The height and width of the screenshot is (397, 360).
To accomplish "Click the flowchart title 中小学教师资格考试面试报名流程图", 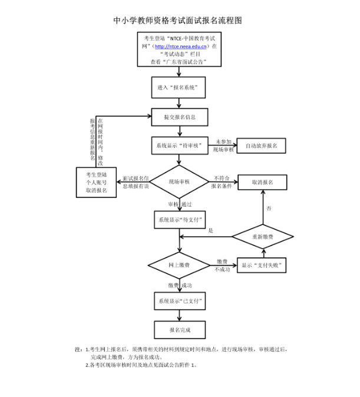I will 178,20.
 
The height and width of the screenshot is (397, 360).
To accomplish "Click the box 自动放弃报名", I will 261,145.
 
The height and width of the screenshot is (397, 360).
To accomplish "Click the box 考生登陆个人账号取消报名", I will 96,182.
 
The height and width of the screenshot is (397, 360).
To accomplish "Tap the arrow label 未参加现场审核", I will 224,145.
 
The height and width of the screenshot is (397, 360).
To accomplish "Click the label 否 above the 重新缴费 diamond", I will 269,209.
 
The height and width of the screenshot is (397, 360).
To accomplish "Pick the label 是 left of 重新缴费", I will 210,230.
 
